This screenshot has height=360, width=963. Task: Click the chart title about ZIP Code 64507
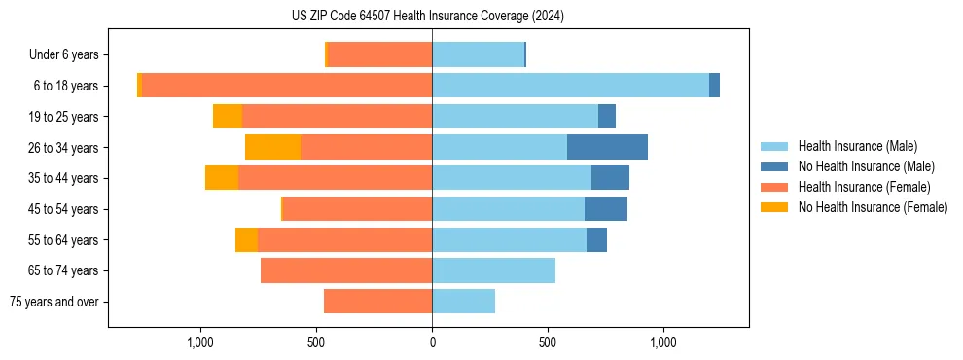(428, 16)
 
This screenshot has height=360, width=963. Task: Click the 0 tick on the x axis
(432, 343)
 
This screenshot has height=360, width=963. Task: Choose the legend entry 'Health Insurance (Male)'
(857, 146)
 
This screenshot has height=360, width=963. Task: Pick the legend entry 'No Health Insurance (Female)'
(873, 207)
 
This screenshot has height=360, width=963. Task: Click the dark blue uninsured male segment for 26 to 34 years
(607, 147)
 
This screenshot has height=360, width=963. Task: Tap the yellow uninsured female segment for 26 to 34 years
(273, 147)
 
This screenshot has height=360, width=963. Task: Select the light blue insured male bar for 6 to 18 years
(570, 86)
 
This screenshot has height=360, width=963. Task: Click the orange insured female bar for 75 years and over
(377, 302)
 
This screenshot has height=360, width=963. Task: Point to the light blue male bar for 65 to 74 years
(493, 270)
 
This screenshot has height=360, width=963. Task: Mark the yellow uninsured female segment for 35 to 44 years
(222, 178)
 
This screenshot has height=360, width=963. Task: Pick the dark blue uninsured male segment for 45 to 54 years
(605, 209)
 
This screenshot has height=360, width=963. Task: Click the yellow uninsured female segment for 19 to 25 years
(228, 117)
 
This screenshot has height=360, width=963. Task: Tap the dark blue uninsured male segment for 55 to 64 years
(596, 239)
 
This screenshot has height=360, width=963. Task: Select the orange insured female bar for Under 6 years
(380, 54)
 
